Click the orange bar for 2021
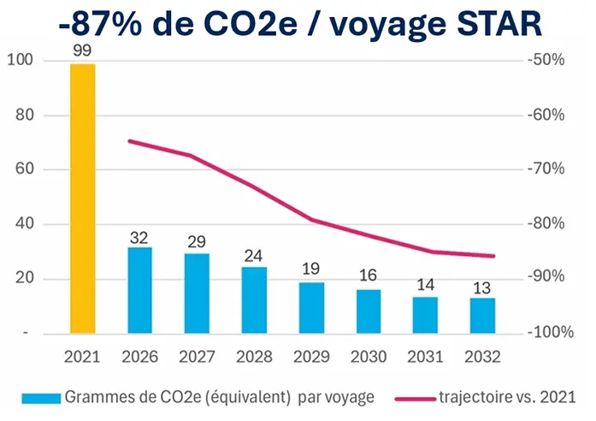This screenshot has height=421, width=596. (82, 199)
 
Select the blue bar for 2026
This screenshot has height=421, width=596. (139, 290)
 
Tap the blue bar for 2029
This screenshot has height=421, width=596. (311, 307)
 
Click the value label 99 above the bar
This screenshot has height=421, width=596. (82, 51)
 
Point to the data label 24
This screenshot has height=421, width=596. (254, 254)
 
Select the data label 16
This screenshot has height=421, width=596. (369, 276)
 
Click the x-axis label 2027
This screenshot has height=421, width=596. (197, 354)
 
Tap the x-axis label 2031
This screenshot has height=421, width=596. (425, 354)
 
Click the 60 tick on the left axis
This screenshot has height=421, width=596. (24, 169)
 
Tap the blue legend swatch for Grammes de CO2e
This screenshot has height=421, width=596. (35, 398)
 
